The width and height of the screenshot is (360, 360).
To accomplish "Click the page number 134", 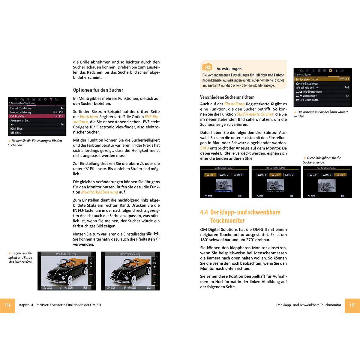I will pyautogui.click(x=7, y=305).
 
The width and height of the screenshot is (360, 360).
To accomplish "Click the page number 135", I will pyautogui.click(x=352, y=305).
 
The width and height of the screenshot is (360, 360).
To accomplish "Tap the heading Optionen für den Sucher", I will pyautogui.click(x=98, y=90).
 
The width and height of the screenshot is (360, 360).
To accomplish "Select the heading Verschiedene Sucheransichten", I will pyautogui.click(x=227, y=97).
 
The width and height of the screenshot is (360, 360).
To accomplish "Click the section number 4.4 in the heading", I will pyautogui.click(x=204, y=212).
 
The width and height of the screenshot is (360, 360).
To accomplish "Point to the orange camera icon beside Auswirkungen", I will pyautogui.click(x=207, y=67).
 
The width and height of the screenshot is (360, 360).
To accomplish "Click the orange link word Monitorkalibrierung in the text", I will pyautogui.click(x=99, y=192).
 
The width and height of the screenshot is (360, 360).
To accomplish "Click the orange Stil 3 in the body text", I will pyautogui.click(x=204, y=148).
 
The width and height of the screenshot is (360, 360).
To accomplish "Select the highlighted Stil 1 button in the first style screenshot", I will pyautogui.click(x=210, y=175).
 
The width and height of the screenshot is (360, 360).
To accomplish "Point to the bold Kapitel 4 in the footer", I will pyautogui.click(x=26, y=305).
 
